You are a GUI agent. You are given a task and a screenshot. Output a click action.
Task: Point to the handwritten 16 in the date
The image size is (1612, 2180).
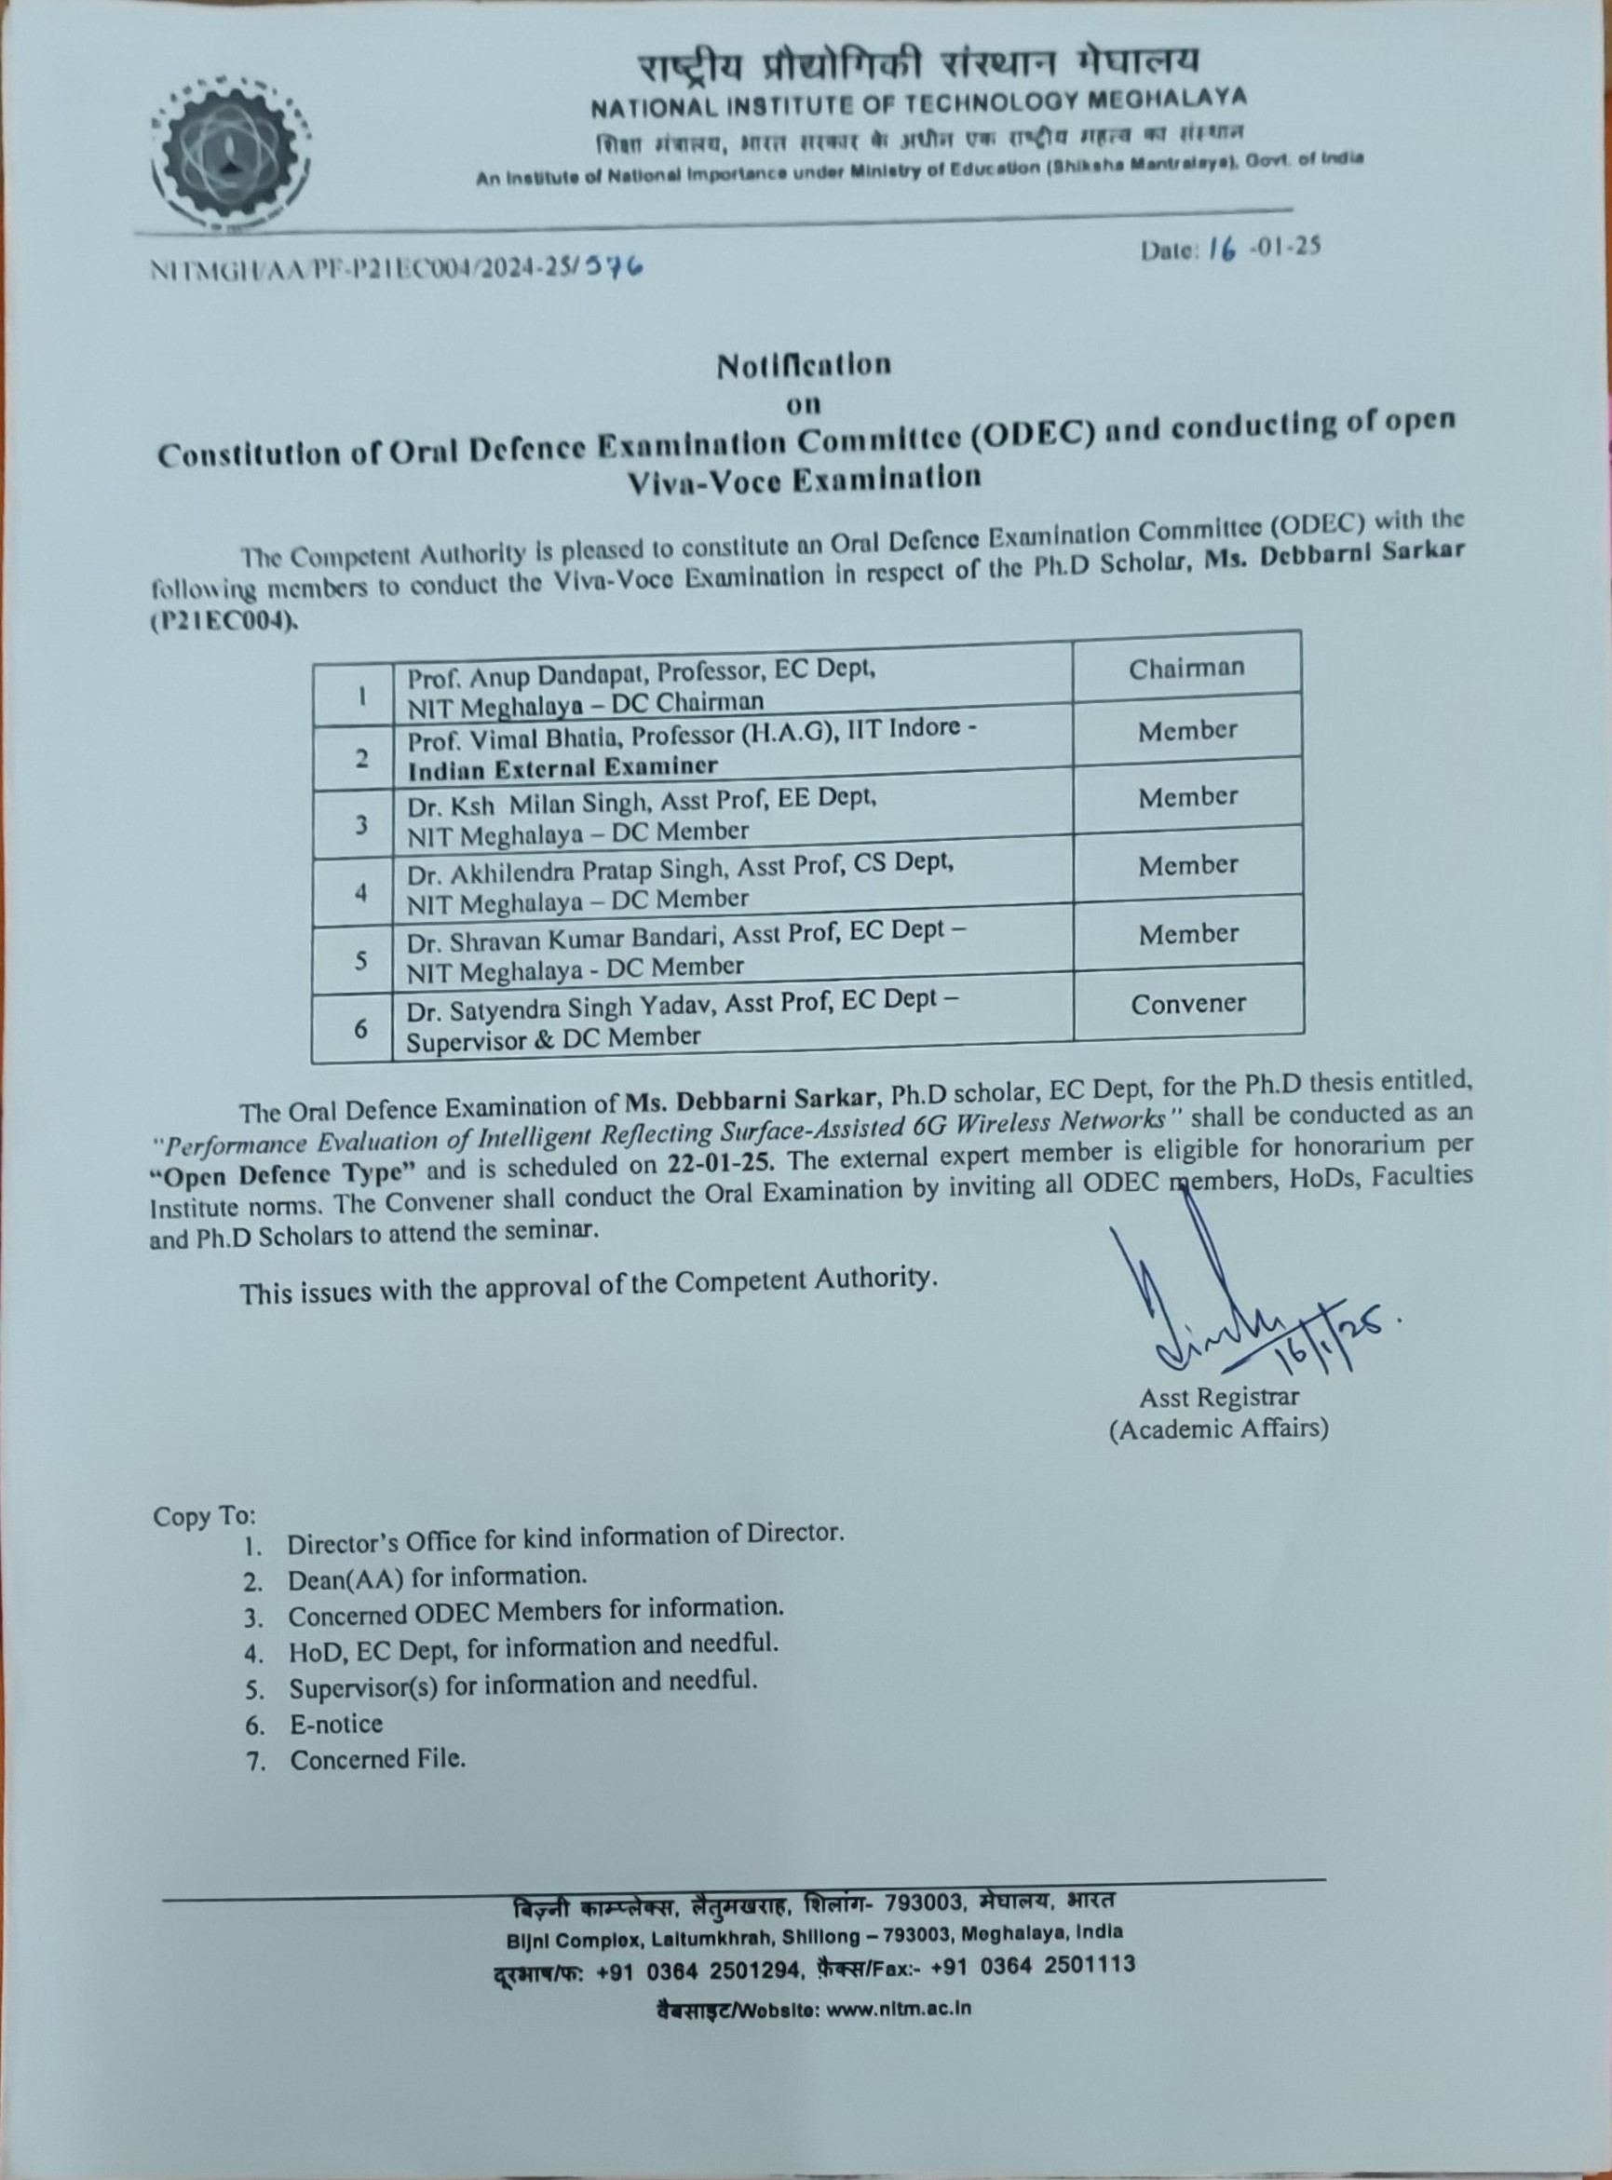click(x=1221, y=248)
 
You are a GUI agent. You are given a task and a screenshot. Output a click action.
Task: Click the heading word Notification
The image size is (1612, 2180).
click(x=804, y=365)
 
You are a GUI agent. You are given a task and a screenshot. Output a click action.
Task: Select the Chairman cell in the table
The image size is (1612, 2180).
click(x=1186, y=669)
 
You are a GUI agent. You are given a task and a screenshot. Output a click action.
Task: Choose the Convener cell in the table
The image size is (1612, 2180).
click(x=1187, y=1003)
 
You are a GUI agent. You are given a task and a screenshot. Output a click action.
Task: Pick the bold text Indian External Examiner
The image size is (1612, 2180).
click(x=562, y=767)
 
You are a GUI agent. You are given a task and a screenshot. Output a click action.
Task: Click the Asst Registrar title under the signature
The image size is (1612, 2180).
click(x=1219, y=1398)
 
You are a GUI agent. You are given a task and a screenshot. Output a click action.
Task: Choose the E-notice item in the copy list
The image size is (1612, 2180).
click(x=335, y=1725)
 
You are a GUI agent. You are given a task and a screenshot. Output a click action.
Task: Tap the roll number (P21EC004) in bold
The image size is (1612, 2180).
click(x=223, y=622)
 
